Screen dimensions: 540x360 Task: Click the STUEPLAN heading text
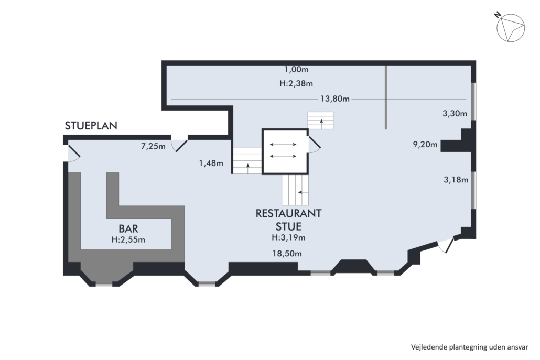click(x=91, y=126)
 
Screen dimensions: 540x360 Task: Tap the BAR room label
click(x=128, y=228)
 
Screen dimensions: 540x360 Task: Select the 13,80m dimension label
click(x=334, y=99)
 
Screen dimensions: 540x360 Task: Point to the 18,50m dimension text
click(x=287, y=254)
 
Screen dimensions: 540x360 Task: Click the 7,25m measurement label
click(x=153, y=146)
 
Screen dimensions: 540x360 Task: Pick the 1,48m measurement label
click(x=211, y=163)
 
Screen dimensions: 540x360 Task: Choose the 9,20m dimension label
click(x=425, y=144)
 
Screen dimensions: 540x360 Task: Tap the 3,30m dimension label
click(x=455, y=113)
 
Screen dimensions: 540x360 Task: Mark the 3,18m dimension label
click(x=456, y=179)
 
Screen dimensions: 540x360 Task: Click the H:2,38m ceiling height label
click(x=296, y=84)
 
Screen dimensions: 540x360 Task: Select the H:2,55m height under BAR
click(x=128, y=240)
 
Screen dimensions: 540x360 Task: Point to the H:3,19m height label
click(x=288, y=237)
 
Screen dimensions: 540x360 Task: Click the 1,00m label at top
click(x=296, y=70)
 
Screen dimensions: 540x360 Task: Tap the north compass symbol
click(x=510, y=27)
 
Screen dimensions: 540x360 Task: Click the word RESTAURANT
click(x=288, y=213)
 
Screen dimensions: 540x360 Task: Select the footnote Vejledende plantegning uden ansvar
click(x=469, y=347)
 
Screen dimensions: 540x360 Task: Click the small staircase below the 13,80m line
click(x=321, y=121)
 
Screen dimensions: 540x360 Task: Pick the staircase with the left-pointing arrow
click(x=295, y=190)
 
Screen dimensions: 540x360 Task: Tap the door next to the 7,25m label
click(x=179, y=145)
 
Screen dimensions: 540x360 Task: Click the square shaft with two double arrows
click(x=285, y=151)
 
